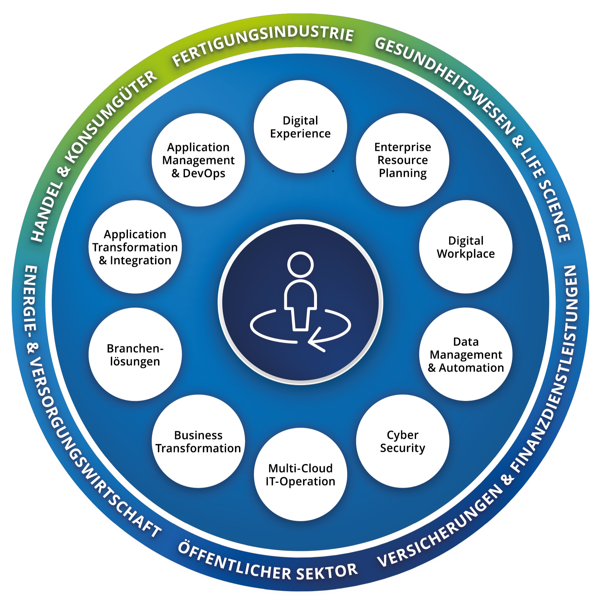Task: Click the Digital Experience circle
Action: (x=300, y=127)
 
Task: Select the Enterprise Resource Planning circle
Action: (x=402, y=160)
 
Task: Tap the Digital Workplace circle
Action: (x=465, y=247)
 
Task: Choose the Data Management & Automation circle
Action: (x=465, y=354)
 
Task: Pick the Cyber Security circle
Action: (x=402, y=441)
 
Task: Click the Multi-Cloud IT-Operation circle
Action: (x=300, y=474)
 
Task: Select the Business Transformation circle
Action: (x=198, y=441)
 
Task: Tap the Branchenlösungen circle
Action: (x=135, y=354)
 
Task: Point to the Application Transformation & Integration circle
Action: (x=135, y=247)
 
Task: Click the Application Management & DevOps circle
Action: (x=198, y=160)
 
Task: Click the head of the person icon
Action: (x=300, y=264)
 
